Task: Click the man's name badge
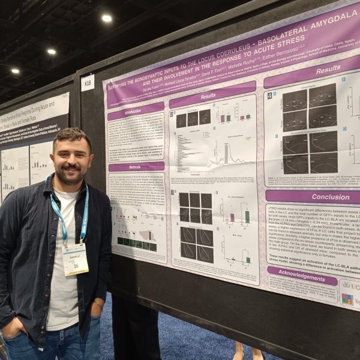(x=75, y=259)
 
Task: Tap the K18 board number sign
(x=88, y=82)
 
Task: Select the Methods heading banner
(x=136, y=166)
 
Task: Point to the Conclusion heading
(x=312, y=196)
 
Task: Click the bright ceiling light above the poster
(x=107, y=19)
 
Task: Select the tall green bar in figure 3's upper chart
(x=247, y=216)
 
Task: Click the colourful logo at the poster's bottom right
(x=347, y=299)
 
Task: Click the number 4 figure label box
(x=269, y=95)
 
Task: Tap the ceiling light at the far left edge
(x=14, y=71)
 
